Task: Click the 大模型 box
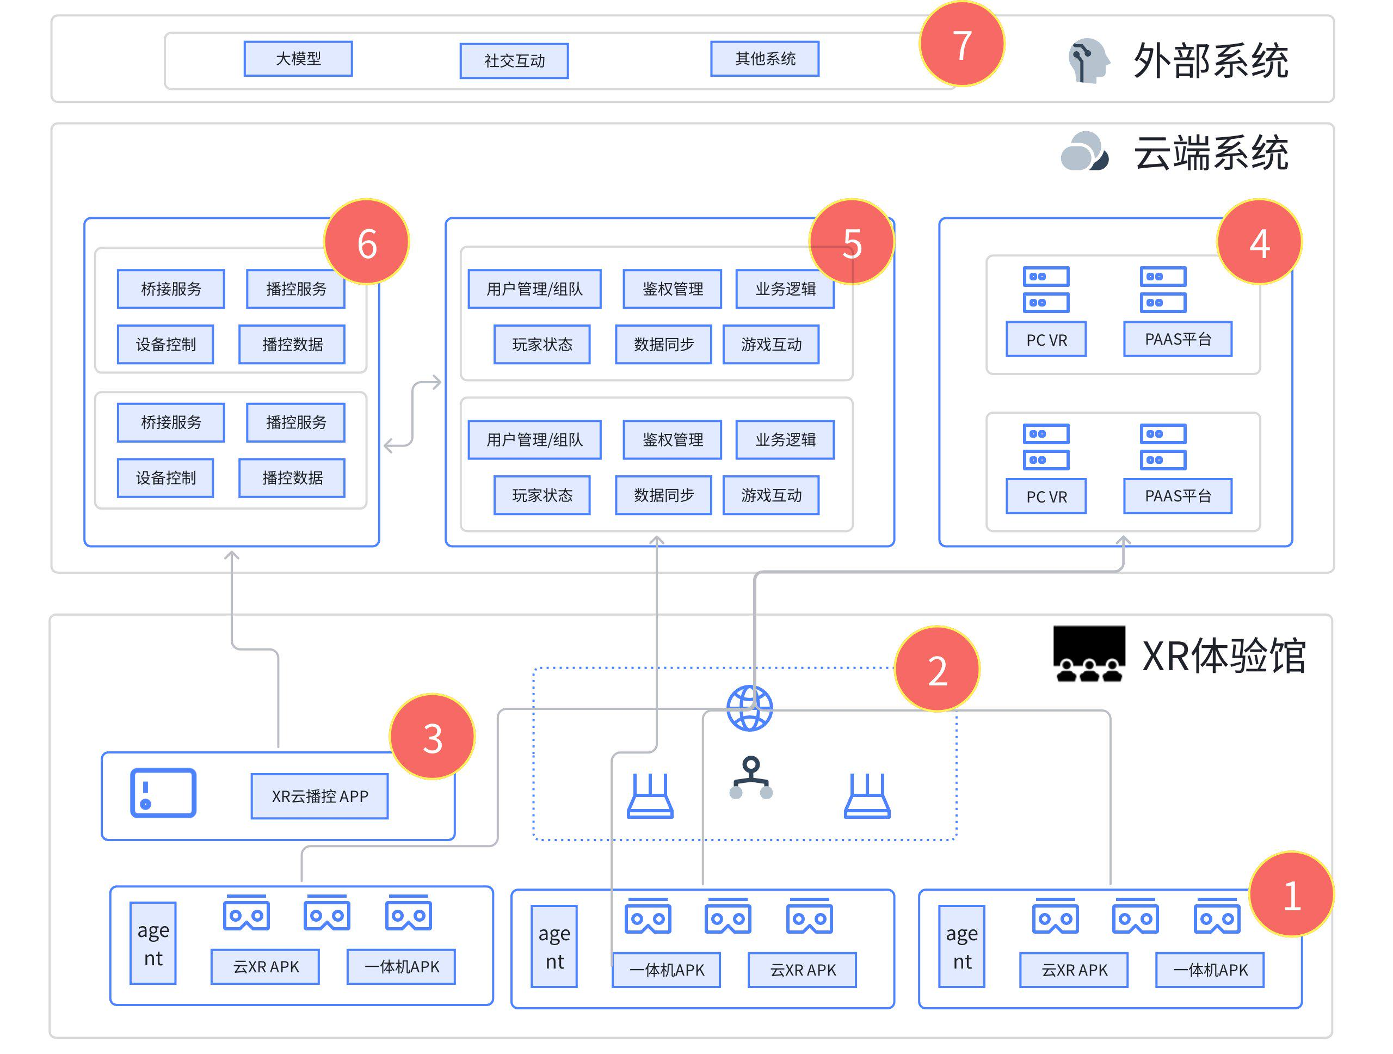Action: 298,59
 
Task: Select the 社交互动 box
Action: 514,60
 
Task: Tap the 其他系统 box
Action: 765,59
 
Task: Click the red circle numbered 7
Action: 961,44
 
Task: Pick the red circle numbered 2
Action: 936,669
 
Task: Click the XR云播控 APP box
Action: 319,796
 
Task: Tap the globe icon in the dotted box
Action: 749,708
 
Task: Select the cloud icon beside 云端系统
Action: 1084,151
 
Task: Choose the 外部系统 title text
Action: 1210,60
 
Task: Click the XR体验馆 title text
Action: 1224,655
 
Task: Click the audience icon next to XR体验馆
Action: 1089,654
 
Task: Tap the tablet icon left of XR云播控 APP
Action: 163,793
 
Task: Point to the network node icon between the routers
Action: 751,778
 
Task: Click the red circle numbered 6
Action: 367,243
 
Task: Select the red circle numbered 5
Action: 852,243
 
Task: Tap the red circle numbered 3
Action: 432,737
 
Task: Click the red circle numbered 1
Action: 1291,894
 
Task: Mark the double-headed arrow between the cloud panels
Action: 412,414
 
